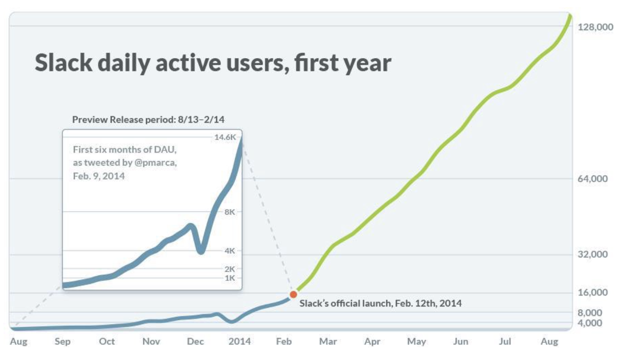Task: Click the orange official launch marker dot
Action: click(293, 294)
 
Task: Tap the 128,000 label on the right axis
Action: click(595, 27)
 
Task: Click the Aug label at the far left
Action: click(18, 342)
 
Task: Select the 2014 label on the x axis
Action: click(240, 342)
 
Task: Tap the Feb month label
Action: click(284, 342)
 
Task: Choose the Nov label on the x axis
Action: click(151, 342)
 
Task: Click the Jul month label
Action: click(505, 342)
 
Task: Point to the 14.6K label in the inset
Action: click(225, 137)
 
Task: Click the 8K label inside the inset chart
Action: click(230, 212)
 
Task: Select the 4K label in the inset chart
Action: click(230, 251)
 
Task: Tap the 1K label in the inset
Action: click(230, 278)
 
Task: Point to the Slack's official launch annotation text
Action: click(381, 303)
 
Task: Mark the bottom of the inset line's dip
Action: click(201, 251)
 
